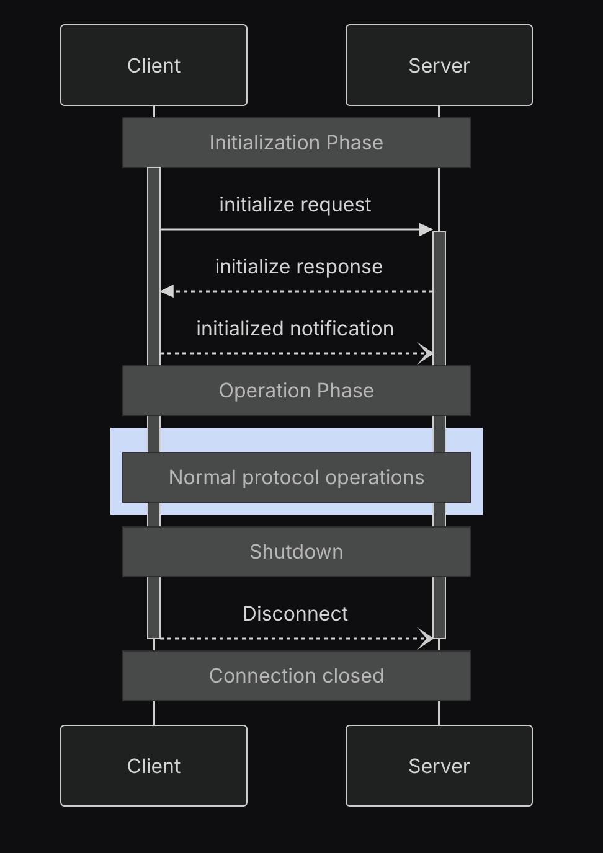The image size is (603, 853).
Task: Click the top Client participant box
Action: click(154, 65)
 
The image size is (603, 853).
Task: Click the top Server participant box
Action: click(439, 65)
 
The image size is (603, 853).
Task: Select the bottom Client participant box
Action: click(154, 766)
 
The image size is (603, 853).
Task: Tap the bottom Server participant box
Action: click(439, 766)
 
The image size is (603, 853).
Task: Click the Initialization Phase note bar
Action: click(296, 143)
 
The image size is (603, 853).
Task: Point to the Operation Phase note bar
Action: click(296, 391)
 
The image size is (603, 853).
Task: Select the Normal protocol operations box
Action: click(296, 477)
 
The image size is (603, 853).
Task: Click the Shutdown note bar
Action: click(296, 552)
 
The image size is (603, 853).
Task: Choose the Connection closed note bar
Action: click(296, 676)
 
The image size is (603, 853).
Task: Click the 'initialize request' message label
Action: click(295, 205)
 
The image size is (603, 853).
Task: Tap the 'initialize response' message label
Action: click(298, 267)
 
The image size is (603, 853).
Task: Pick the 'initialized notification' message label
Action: click(295, 329)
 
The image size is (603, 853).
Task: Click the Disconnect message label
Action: click(295, 614)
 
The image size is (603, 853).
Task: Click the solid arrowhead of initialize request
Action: click(426, 229)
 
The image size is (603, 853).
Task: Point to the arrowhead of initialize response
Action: click(167, 291)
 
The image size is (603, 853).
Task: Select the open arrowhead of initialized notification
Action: click(427, 353)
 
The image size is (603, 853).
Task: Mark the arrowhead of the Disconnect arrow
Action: click(427, 638)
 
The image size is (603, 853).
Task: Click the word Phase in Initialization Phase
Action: click(355, 143)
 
